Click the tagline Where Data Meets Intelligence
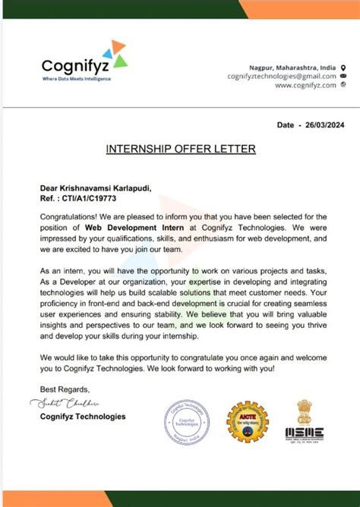click(76, 79)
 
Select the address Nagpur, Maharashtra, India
click(292, 68)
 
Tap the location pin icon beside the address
click(343, 68)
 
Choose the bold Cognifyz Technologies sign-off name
click(83, 416)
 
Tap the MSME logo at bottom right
click(304, 433)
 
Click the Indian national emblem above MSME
click(305, 412)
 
